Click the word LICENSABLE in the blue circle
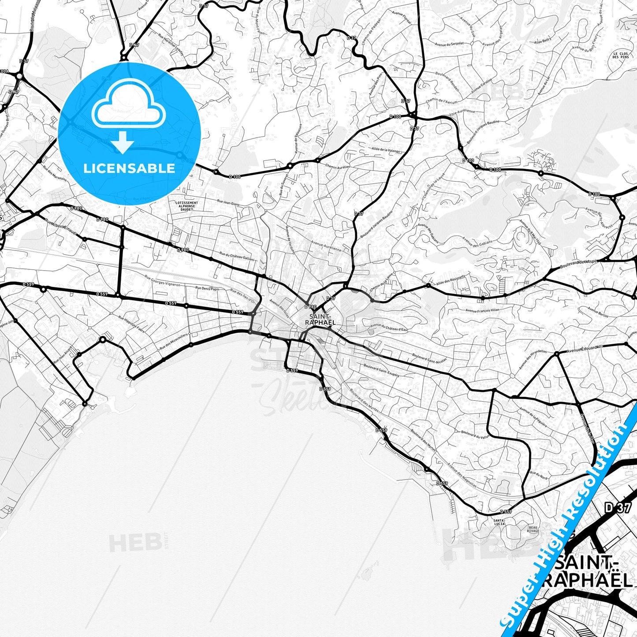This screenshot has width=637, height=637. coord(129,168)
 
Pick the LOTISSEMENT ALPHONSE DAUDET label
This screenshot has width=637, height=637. coord(186,206)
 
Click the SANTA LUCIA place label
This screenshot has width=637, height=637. coord(499,522)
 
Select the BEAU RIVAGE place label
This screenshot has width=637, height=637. coord(533,529)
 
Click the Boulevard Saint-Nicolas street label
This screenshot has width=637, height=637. coord(429,358)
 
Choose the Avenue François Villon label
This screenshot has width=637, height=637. coord(483,310)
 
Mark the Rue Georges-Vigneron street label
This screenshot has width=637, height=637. coord(162,281)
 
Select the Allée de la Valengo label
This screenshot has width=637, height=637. coord(386,150)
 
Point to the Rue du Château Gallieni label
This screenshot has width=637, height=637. coord(236,256)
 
